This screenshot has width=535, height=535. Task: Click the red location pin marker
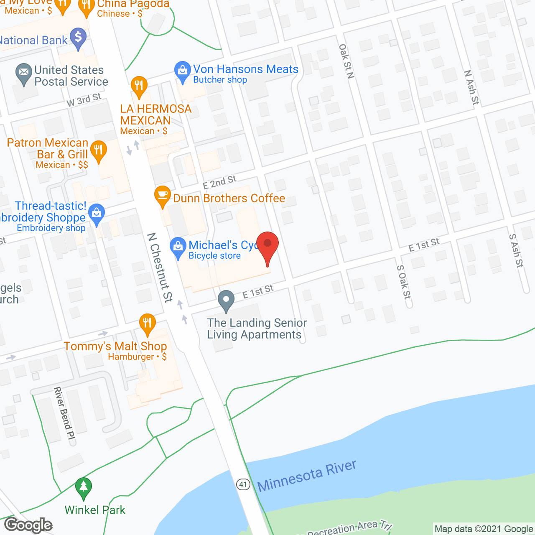[267, 245]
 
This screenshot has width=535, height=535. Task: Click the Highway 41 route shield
[243, 484]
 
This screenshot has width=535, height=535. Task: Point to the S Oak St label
[404, 282]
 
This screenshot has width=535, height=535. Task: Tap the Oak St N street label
[346, 61]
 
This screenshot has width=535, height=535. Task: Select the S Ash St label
[516, 250]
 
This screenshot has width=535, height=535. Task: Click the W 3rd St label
[84, 100]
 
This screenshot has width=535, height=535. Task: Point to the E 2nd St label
[219, 182]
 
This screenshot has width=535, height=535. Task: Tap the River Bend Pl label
[64, 413]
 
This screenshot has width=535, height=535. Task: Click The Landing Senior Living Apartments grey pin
[226, 300]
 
